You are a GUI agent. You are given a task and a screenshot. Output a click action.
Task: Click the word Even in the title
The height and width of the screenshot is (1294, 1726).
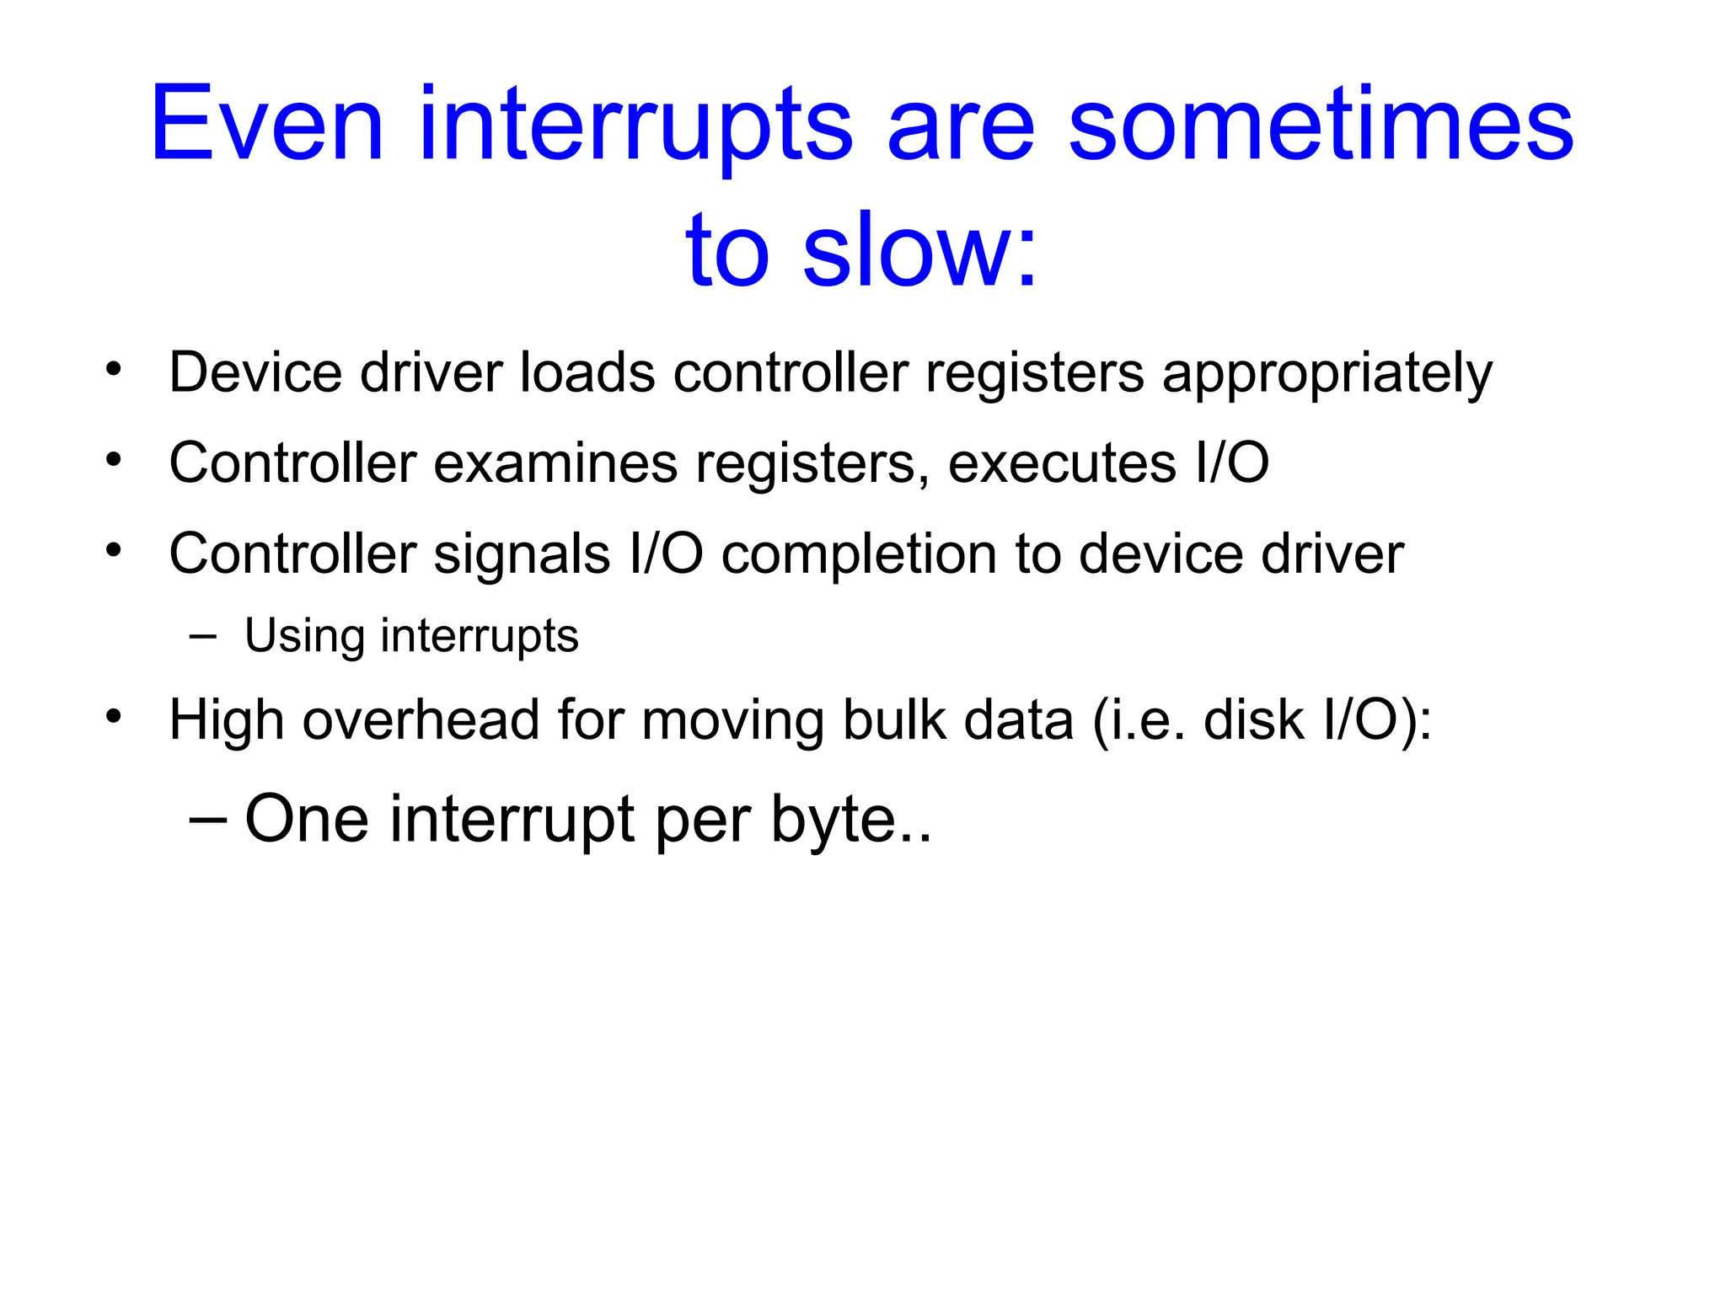coord(266,125)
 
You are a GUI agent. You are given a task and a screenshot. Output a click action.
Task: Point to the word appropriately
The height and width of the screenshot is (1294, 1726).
coord(1327,373)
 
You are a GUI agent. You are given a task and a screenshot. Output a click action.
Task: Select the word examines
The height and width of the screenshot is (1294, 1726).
coord(555,463)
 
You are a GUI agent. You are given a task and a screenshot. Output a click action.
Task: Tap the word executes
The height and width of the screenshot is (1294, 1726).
coord(1061,463)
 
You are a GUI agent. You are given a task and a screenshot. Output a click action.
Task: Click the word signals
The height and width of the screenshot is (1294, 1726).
coord(522,554)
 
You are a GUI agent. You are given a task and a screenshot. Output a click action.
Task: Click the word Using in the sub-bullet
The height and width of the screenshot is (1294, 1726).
coord(303,635)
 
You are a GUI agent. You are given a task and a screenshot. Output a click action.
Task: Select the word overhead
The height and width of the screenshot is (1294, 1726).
coord(421,720)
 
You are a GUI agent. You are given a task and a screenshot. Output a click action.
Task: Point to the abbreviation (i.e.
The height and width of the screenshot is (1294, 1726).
coord(1138,720)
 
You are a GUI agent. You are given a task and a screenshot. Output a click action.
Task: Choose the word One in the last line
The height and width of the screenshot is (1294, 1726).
coord(307,819)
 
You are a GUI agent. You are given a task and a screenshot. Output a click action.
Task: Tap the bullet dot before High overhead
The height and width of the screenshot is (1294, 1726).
coord(114,717)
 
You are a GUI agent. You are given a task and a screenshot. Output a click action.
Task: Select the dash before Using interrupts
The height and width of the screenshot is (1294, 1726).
coord(202,636)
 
